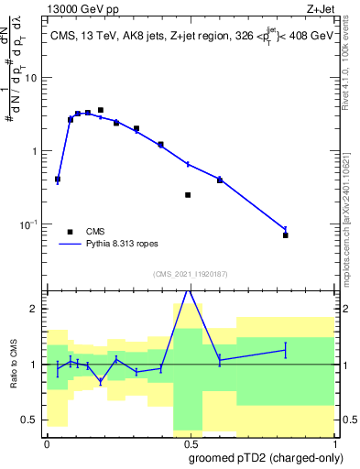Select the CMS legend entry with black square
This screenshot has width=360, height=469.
pos(71,232)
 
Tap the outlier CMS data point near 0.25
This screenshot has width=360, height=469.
pos(188,195)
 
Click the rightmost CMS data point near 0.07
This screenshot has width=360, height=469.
pos(286,235)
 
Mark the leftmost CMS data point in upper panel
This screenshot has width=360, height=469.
pos(58,180)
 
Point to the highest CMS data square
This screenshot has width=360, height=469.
pos(101,110)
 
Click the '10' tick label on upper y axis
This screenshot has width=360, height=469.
pos(31,78)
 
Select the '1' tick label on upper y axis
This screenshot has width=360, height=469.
pos(35,151)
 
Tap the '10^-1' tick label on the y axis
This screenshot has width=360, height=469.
pos(29,224)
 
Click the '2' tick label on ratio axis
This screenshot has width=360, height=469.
pos(35,310)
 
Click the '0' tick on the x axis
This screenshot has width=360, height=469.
pos(47,444)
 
